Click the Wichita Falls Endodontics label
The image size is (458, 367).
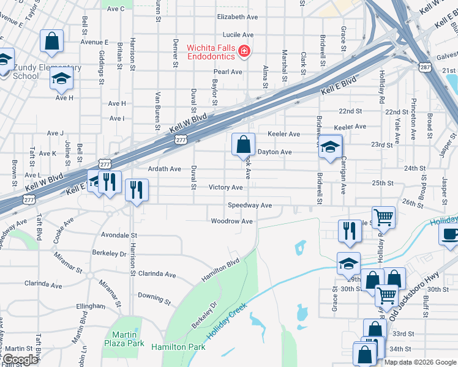tap(211, 51)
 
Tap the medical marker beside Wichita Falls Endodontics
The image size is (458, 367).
tap(244, 51)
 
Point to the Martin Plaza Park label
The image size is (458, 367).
tap(128, 339)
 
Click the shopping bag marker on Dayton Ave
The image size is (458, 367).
tap(244, 145)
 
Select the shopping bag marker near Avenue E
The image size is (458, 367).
tap(52, 42)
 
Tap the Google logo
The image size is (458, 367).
tap(20, 360)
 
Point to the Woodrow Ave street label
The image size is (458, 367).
tap(232, 221)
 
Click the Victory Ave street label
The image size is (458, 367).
tap(226, 187)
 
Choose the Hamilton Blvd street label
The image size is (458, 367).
tap(220, 271)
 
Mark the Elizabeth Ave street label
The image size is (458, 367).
tap(238, 17)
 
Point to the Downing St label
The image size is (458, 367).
tap(154, 298)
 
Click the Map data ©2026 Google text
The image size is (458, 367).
tap(420, 362)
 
